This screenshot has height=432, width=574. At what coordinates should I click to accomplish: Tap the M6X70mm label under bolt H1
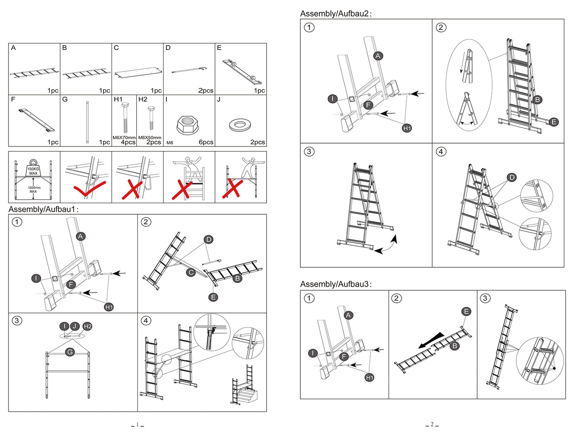tap(124, 138)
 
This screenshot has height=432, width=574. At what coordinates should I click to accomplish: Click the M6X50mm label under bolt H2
tap(150, 138)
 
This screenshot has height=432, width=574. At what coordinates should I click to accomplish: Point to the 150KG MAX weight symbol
tap(33, 169)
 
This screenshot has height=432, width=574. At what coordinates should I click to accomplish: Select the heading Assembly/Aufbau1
tap(43, 209)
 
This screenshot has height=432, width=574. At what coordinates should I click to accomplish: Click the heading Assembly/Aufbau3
tap(336, 284)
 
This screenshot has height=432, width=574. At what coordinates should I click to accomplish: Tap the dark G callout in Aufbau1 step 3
tap(70, 352)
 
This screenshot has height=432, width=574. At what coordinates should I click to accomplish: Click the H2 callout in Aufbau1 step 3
tap(87, 326)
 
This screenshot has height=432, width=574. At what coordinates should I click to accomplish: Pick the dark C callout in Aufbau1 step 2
tap(191, 273)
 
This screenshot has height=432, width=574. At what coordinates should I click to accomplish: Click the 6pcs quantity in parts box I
tap(206, 142)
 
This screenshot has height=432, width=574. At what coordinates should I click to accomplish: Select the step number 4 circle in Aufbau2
tap(441, 151)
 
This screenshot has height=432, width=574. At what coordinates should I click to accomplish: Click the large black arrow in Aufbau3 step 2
tap(431, 341)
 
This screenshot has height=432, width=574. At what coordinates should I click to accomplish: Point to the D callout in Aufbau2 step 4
tap(512, 178)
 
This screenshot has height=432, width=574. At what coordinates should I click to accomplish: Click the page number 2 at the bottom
tap(432, 424)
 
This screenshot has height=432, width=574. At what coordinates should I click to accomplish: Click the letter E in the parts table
tap(219, 48)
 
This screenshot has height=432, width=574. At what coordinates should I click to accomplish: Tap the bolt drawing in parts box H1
tap(125, 118)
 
